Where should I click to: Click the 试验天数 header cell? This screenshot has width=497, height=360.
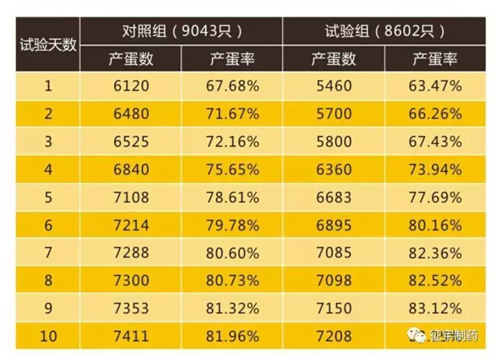point(48,44)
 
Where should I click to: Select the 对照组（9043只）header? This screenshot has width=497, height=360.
point(181,31)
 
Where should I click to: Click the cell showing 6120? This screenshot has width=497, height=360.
point(132,85)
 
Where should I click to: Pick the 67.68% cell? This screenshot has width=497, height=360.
point(232,85)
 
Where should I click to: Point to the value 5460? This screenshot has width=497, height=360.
point(333,85)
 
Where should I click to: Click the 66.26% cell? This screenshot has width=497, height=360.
point(436,113)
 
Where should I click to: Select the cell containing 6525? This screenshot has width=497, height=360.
point(132,142)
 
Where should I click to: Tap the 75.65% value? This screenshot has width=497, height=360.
point(232,169)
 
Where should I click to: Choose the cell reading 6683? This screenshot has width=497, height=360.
point(333,197)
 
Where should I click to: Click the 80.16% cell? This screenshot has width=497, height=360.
point(436,225)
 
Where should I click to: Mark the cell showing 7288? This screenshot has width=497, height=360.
point(132,253)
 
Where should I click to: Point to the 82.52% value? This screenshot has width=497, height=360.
point(436,280)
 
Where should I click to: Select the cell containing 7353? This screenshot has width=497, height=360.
point(132,308)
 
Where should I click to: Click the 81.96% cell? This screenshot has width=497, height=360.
point(232,336)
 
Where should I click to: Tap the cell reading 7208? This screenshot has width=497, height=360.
point(333,336)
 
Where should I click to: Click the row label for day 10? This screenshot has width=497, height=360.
point(48,336)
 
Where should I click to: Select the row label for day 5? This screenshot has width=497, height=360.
point(48,197)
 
